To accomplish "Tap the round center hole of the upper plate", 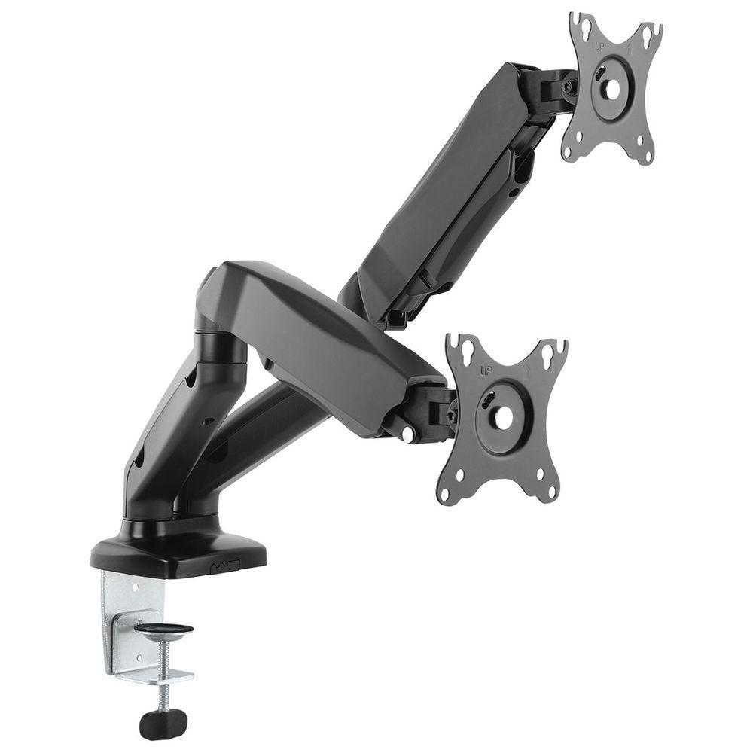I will click(612, 89).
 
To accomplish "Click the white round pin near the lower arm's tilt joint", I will click(407, 434).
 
